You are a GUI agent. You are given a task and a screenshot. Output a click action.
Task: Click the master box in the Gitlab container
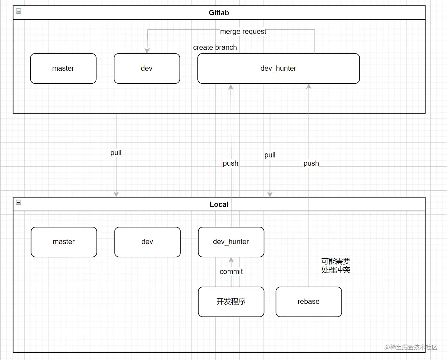pos(63,68)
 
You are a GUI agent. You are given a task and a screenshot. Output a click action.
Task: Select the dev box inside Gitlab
pos(147,68)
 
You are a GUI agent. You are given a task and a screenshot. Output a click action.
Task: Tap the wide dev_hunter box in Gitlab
pos(278,68)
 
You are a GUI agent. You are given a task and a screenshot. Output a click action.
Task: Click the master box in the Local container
pos(64,242)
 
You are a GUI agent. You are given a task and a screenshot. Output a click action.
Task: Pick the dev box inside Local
pos(147,242)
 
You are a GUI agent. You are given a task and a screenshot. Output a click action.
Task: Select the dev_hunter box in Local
pos(231,242)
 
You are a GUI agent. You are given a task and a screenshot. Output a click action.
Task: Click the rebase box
pos(309,302)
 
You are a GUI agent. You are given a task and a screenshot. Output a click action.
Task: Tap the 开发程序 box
pos(231,302)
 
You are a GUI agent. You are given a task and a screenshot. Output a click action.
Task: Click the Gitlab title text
pos(219,13)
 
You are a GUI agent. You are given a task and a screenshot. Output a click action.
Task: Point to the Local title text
pos(219,204)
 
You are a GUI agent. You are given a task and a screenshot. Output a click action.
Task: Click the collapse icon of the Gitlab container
pos(19,11)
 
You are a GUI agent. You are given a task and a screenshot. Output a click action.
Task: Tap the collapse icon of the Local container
pos(19,202)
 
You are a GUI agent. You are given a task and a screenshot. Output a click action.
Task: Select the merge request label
pos(243,32)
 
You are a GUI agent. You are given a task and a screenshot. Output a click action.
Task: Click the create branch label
pos(215,47)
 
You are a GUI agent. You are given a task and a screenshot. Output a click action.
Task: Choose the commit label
pos(231,272)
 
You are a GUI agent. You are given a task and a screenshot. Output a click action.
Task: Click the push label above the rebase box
pos(311,163)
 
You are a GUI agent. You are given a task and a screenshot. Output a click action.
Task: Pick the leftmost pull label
pos(116,153)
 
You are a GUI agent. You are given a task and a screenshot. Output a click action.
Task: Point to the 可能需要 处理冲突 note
pos(335,266)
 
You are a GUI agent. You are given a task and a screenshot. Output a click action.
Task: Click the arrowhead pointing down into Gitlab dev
pos(147,50)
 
